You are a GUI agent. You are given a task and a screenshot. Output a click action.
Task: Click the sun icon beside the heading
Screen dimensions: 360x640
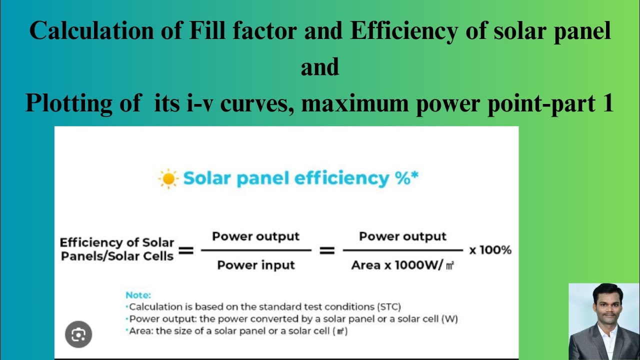click(x=168, y=178)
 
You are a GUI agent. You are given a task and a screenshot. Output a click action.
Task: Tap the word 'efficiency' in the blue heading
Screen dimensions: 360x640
click(x=340, y=178)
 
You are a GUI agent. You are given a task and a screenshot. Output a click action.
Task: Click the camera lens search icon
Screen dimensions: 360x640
click(x=78, y=334)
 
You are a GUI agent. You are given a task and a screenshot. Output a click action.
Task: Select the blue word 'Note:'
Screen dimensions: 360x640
click(x=138, y=295)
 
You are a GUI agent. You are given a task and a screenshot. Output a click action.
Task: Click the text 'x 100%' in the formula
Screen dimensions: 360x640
click(x=490, y=249)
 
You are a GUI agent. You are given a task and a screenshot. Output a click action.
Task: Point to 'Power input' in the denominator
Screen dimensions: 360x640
click(x=256, y=265)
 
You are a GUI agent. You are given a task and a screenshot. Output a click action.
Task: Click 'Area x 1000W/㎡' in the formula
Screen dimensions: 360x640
click(x=402, y=265)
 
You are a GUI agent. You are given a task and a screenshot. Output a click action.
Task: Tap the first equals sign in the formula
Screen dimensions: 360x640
click(x=186, y=250)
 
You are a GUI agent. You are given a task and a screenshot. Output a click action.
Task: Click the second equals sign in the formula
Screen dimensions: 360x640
click(x=327, y=250)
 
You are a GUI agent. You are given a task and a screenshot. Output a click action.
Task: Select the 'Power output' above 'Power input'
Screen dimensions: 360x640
click(x=256, y=236)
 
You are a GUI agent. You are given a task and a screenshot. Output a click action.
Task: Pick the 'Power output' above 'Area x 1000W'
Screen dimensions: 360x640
click(x=402, y=236)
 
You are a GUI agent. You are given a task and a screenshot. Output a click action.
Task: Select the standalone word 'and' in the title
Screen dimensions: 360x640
click(x=320, y=67)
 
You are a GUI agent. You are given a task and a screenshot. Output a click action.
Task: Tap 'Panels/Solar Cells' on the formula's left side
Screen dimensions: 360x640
click(x=117, y=256)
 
